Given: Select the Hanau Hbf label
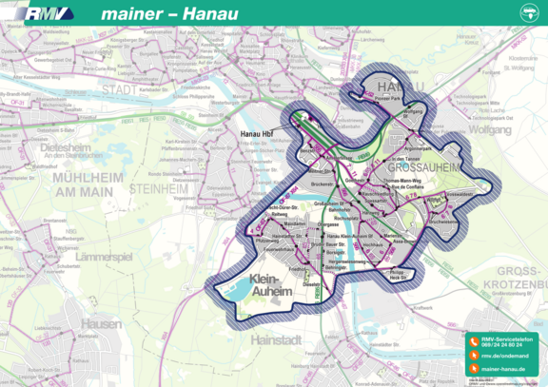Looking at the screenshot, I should (x=257, y=134).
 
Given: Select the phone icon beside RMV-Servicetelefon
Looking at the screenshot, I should (x=473, y=340).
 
